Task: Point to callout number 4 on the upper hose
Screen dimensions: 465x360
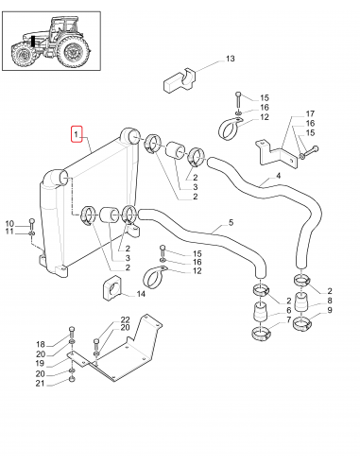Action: click(279, 176)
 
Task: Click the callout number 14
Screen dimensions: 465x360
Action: click(141, 294)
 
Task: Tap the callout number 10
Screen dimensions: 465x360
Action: click(10, 222)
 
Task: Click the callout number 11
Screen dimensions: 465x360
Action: click(10, 232)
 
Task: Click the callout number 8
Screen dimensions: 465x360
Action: click(330, 300)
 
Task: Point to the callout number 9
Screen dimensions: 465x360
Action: click(330, 310)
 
